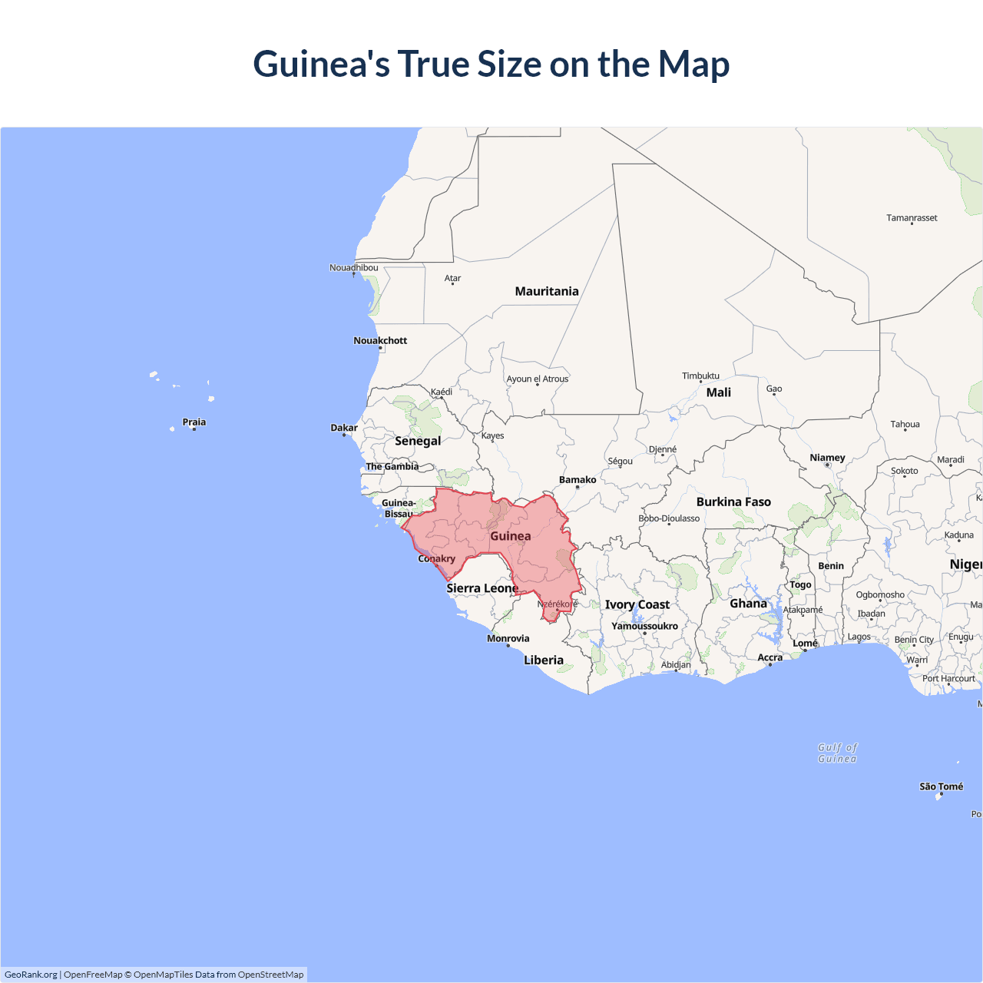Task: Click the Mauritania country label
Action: tap(547, 291)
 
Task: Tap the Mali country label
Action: tap(719, 392)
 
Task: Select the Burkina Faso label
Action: tap(733, 501)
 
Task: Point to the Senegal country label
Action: tap(418, 441)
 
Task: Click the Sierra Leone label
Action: tap(482, 588)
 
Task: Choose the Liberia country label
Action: tap(544, 660)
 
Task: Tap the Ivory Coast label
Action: tap(637, 604)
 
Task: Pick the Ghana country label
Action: tap(749, 604)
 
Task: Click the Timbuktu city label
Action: tap(700, 376)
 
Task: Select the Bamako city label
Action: tap(578, 480)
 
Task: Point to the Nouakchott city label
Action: tap(380, 340)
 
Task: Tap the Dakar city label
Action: tap(344, 428)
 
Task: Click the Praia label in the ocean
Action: tap(194, 422)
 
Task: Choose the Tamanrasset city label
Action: tap(912, 218)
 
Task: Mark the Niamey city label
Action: tap(827, 458)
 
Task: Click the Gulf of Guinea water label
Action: tap(837, 753)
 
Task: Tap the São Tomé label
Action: tap(941, 786)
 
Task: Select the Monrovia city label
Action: tap(508, 638)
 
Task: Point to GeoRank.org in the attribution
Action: tap(31, 975)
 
